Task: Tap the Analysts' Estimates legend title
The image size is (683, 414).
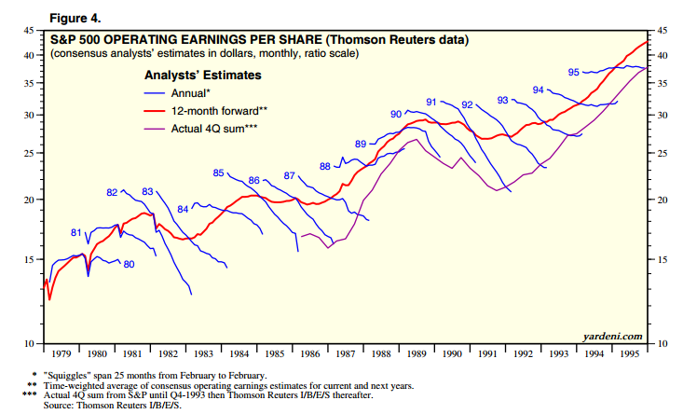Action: pos(202,75)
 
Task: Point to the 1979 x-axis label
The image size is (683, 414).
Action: pos(62,354)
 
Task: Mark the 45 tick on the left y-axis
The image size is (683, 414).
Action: pos(30,31)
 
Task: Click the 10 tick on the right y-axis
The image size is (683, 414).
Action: pos(663,344)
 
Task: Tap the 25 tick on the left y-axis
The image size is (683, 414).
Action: pos(30,153)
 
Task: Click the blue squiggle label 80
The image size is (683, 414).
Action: pos(129,265)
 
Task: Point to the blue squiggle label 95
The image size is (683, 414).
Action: pos(574,72)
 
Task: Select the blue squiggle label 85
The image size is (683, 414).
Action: pos(219,173)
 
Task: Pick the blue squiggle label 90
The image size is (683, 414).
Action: pos(396,114)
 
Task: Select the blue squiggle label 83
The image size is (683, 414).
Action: pos(147,191)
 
